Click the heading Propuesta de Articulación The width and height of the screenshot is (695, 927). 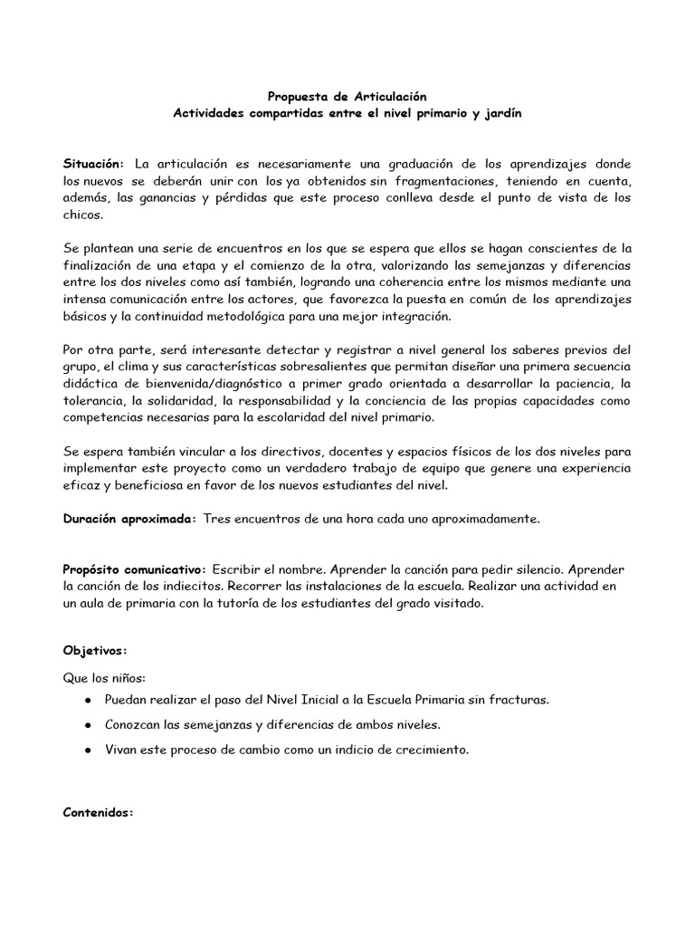[347, 95]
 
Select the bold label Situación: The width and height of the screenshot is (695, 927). [93, 164]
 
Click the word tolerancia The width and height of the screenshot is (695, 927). [94, 402]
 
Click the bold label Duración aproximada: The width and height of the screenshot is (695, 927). [129, 520]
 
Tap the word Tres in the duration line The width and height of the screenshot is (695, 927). [217, 520]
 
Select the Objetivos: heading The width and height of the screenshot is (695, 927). [95, 651]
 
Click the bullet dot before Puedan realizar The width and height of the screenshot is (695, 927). [85, 701]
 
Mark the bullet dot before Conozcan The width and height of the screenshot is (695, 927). [85, 725]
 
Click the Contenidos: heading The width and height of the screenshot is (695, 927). [99, 813]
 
